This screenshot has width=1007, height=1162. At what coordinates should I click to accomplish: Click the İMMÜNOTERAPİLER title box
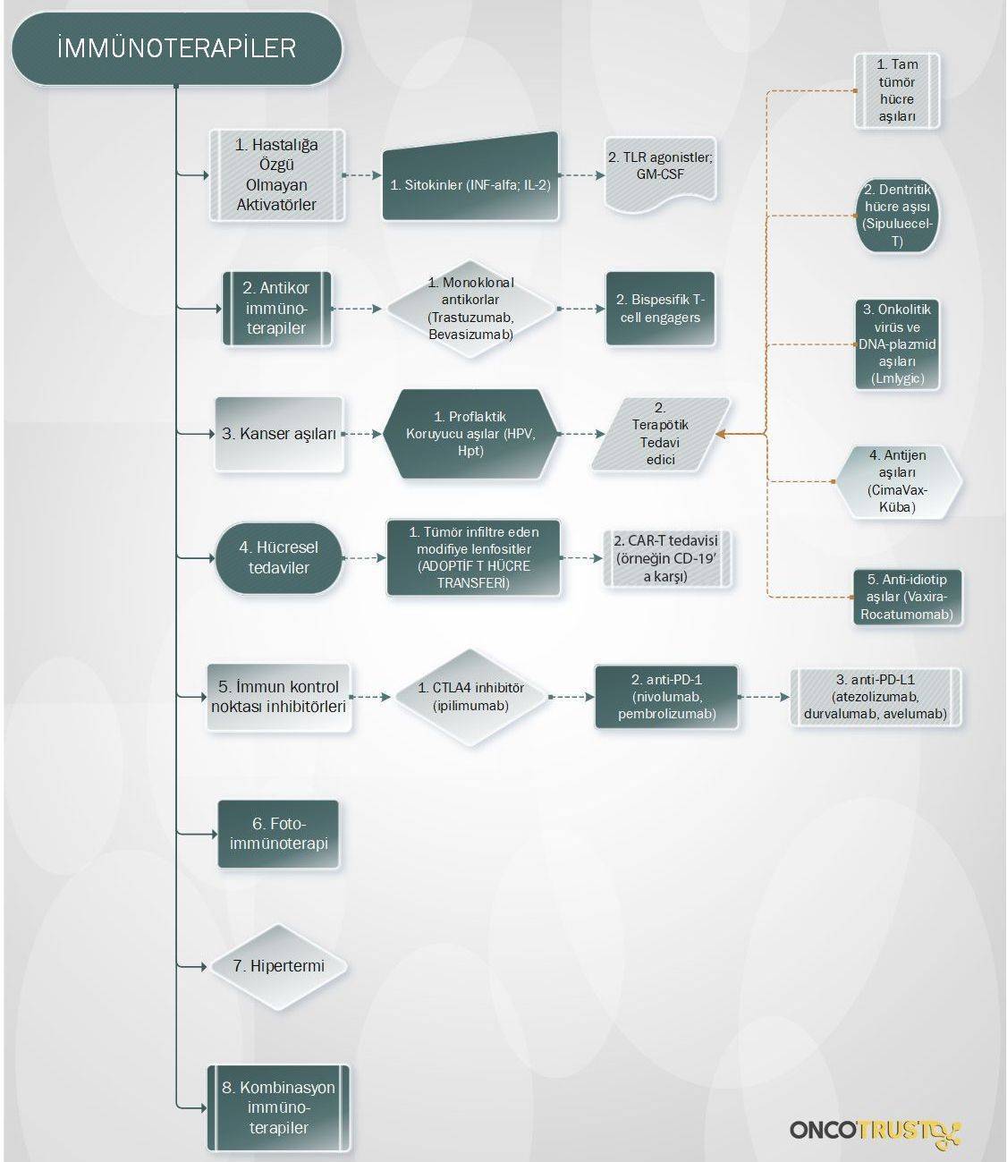coord(176,48)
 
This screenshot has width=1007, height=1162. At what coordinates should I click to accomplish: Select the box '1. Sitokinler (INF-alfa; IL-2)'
coord(470,176)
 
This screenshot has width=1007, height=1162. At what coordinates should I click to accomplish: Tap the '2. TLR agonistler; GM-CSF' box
coord(660,174)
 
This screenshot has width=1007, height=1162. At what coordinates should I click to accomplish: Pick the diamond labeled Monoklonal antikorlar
coord(470,309)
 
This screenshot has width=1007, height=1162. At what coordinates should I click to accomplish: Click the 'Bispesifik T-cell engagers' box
coord(660,309)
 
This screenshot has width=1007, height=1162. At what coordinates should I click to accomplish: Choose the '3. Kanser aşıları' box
coord(279,434)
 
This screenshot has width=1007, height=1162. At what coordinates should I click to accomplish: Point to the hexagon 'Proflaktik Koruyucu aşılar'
coord(470,434)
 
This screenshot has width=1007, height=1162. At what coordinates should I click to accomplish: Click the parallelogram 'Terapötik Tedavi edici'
coord(660,434)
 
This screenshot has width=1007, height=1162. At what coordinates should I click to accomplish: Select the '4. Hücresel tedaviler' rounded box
coord(279,557)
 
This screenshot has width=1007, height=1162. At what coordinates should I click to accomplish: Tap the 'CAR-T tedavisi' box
coord(667,558)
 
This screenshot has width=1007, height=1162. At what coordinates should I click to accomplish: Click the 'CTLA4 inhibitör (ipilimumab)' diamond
coord(471,697)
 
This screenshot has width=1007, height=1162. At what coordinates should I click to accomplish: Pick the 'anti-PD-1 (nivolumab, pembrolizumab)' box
coord(666,697)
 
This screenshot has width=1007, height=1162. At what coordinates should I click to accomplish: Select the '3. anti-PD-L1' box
coord(876,697)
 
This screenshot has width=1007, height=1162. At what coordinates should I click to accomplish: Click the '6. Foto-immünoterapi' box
coord(279,835)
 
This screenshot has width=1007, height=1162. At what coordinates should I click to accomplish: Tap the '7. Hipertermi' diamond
coord(279,966)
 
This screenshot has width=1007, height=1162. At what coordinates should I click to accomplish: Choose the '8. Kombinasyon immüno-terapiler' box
coord(279,1107)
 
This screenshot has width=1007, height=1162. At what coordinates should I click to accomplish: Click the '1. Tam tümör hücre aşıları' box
coord(897,91)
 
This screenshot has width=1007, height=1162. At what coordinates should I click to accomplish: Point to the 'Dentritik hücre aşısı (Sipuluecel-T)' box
coord(897,216)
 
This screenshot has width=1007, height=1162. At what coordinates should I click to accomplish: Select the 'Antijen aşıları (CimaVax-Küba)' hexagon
coord(897,481)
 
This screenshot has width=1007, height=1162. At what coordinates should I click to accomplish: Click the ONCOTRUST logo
coord(876,1130)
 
